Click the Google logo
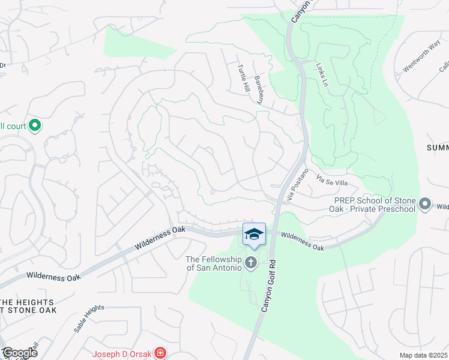(x=19, y=353)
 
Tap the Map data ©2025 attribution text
(x=424, y=355)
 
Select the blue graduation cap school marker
(x=254, y=234)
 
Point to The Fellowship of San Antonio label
(x=215, y=263)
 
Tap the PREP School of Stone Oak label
(x=375, y=205)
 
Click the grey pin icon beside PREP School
(x=426, y=205)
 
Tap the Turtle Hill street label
(x=243, y=78)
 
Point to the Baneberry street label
(x=259, y=90)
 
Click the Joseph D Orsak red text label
(x=122, y=353)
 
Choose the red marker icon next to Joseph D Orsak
(x=160, y=353)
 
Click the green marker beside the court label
(x=35, y=125)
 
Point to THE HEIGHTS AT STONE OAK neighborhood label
(x=28, y=306)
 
